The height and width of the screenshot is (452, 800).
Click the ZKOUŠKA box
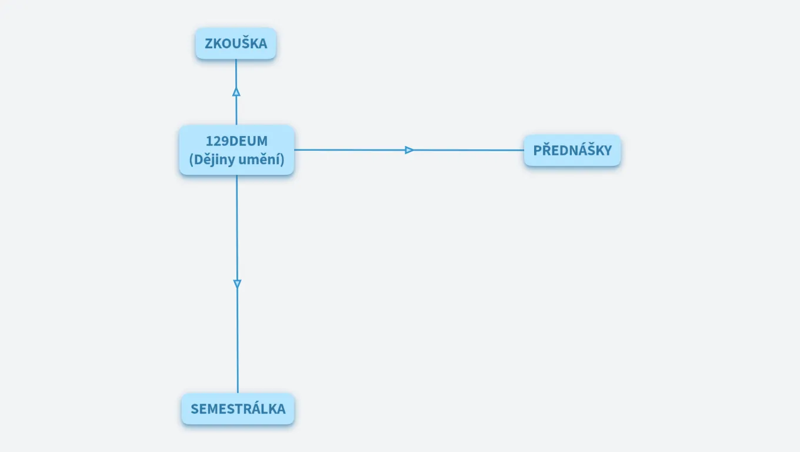click(236, 44)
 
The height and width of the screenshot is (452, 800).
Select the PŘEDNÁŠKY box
click(572, 150)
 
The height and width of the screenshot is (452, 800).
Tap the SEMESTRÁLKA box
click(238, 408)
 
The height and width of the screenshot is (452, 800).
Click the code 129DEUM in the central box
click(236, 141)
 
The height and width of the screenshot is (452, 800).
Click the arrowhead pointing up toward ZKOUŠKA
click(236, 92)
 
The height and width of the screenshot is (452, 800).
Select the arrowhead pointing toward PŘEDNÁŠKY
click(409, 150)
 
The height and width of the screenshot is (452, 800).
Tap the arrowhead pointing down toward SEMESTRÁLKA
click(237, 284)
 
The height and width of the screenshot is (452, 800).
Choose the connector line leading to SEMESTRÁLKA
click(237, 341)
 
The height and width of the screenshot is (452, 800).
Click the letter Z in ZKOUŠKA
click(208, 44)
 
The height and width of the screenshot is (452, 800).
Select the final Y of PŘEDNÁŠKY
click(608, 150)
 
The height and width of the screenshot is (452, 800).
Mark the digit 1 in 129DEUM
click(209, 141)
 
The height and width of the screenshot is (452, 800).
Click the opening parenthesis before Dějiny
click(192, 159)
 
